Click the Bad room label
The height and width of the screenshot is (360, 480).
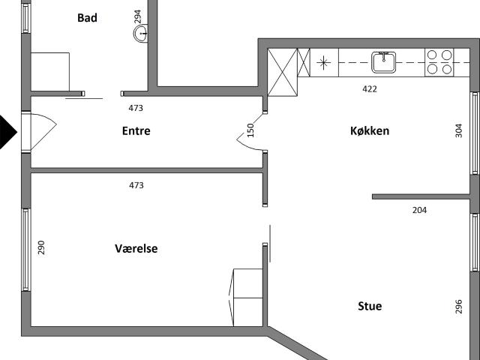[x=87, y=18]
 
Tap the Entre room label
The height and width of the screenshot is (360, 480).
[x=136, y=130]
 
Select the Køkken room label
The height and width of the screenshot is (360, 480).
[x=370, y=130]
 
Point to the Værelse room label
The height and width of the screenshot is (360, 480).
[x=136, y=248]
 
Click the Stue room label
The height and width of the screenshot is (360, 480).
[x=370, y=306]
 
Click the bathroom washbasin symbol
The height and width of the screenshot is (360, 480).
[x=141, y=33]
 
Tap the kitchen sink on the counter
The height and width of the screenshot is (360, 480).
[x=383, y=62]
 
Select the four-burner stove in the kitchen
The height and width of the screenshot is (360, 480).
[x=439, y=62]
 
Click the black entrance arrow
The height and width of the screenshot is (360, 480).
[x=8, y=132]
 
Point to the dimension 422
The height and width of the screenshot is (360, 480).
[x=370, y=89]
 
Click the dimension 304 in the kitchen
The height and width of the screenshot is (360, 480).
[x=458, y=130]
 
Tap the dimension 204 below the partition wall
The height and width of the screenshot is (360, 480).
[x=419, y=210]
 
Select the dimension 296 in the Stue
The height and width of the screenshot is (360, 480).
[x=458, y=307]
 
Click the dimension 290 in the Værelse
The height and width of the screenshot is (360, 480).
[x=41, y=247]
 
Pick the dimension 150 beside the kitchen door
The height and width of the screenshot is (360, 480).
[x=250, y=130]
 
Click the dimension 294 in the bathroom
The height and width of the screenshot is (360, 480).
[x=138, y=16]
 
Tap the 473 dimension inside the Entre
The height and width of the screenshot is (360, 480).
[x=136, y=108]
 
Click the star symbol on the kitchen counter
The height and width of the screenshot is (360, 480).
[x=323, y=63]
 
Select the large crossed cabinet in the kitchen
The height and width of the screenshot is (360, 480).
[x=283, y=72]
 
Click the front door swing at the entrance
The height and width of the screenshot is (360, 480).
[x=43, y=132]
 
